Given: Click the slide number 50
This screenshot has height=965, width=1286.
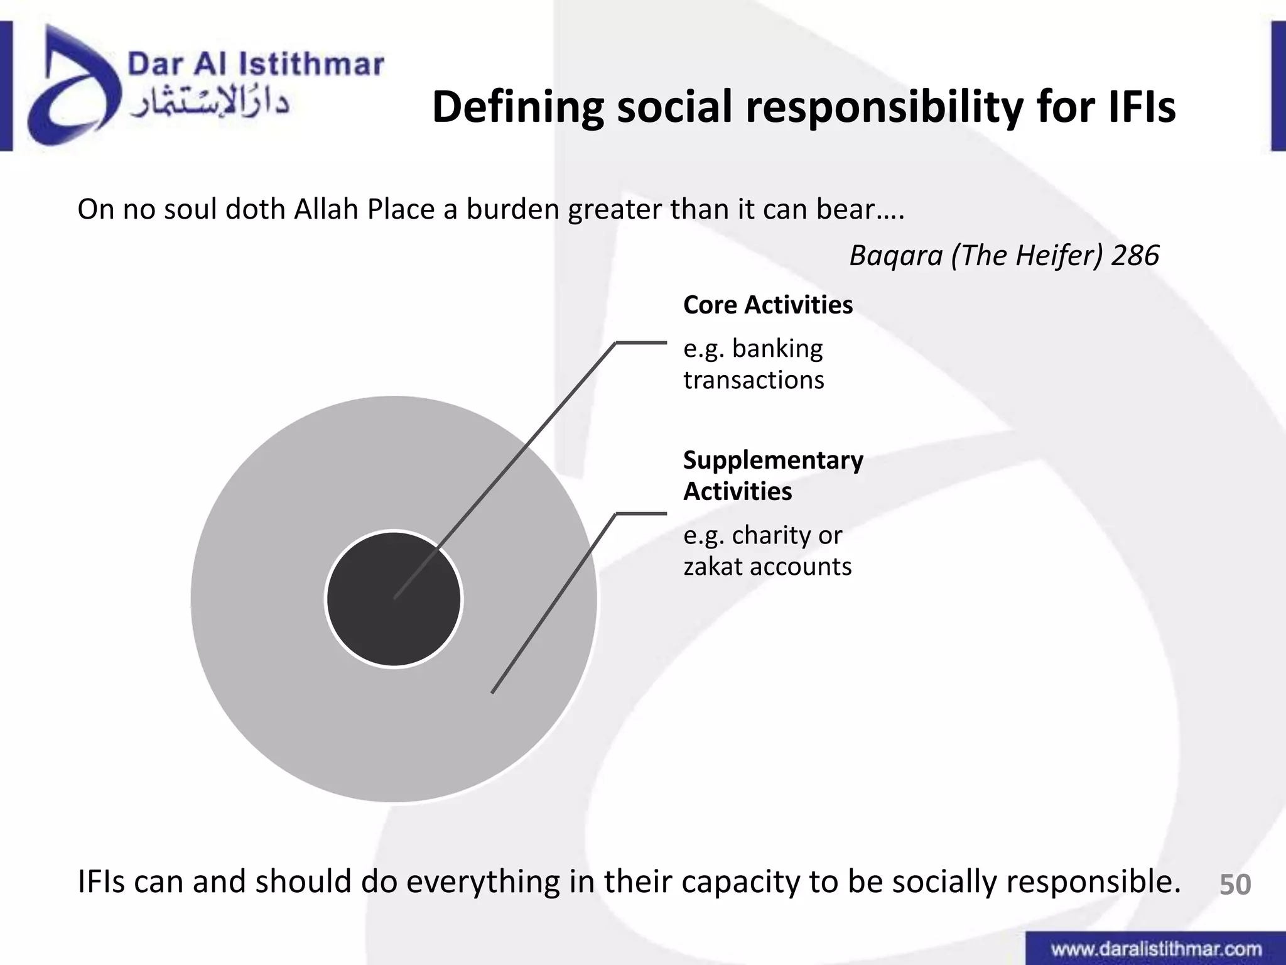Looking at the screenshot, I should click(1235, 885).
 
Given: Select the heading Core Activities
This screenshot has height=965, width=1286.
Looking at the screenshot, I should click(767, 305).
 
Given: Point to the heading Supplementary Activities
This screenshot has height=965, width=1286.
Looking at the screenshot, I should click(772, 476).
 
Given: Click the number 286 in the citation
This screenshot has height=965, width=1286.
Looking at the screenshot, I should click(1135, 256).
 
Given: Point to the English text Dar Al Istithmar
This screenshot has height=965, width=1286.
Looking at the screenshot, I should click(256, 64).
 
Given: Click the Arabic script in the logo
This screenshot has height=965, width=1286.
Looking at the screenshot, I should click(209, 102).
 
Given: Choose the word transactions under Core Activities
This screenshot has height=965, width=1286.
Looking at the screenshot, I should click(754, 381).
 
